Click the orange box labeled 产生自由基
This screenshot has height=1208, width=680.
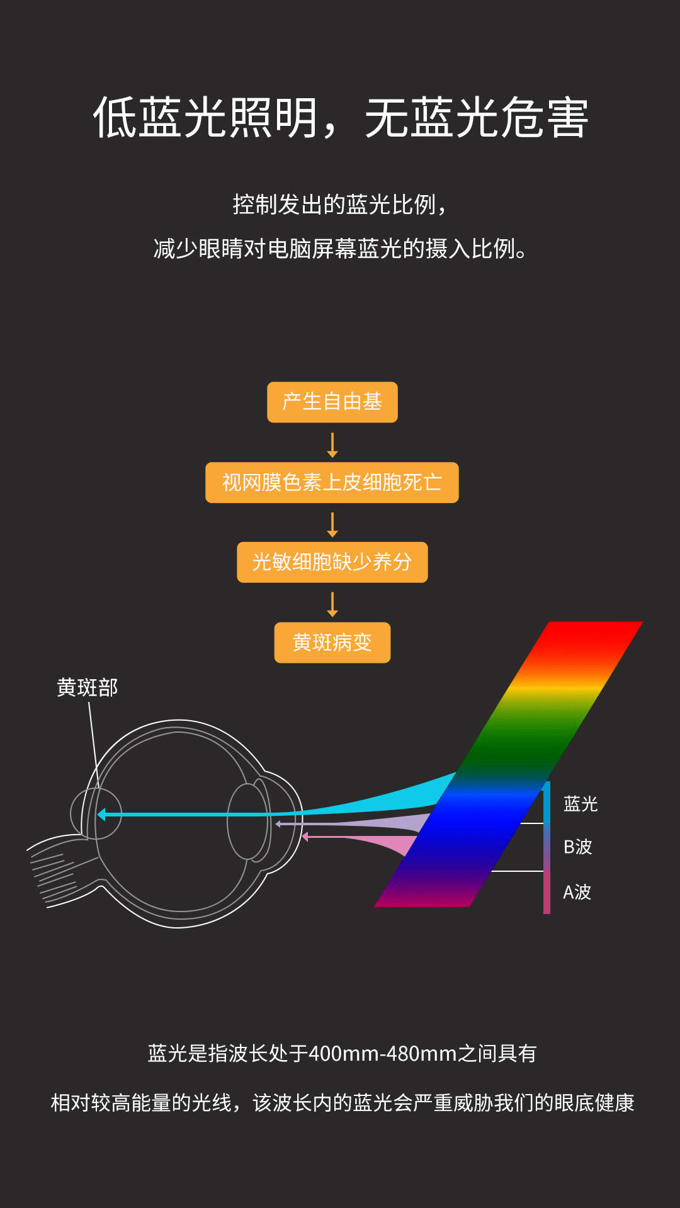pyautogui.click(x=332, y=402)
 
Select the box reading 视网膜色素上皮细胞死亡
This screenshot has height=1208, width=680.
pyautogui.click(x=332, y=482)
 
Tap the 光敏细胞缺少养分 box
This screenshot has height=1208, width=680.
pyautogui.click(x=332, y=562)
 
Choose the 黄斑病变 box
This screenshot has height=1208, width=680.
pyautogui.click(x=332, y=642)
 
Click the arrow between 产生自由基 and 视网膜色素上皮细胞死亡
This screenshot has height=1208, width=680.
pyautogui.click(x=332, y=444)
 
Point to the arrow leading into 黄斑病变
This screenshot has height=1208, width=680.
pyautogui.click(x=332, y=604)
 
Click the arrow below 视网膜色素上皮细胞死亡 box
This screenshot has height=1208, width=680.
pyautogui.click(x=332, y=524)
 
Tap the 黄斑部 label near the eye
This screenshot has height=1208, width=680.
pyautogui.click(x=87, y=687)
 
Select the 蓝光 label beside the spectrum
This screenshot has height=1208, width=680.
pyautogui.click(x=580, y=804)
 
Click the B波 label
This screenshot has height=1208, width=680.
pyautogui.click(x=577, y=847)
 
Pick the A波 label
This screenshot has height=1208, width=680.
pyautogui.click(x=577, y=892)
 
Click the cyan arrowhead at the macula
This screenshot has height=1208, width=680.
pyautogui.click(x=101, y=815)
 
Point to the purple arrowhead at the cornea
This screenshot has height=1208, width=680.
pyautogui.click(x=278, y=823)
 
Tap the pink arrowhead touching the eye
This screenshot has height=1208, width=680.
pyautogui.click(x=305, y=837)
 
